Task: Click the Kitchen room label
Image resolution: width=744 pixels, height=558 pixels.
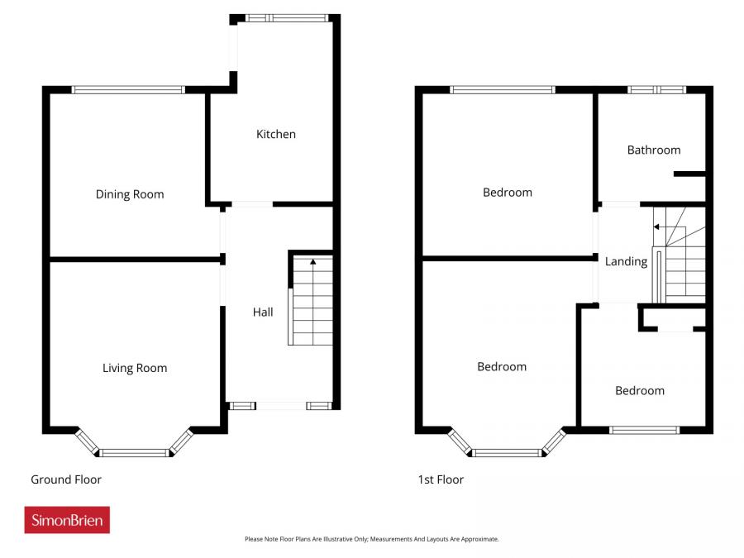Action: pyautogui.click(x=275, y=134)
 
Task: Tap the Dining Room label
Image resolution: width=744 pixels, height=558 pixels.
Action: pyautogui.click(x=130, y=194)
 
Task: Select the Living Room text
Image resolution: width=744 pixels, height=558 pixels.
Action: pyautogui.click(x=135, y=368)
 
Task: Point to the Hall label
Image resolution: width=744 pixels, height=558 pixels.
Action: pyautogui.click(x=263, y=312)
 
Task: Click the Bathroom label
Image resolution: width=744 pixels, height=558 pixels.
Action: pyautogui.click(x=654, y=150)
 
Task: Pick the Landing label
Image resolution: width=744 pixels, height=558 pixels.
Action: pyautogui.click(x=626, y=261)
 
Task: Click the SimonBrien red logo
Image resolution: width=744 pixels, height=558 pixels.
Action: pyautogui.click(x=67, y=520)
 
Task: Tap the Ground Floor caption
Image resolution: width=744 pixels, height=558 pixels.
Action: pyautogui.click(x=66, y=479)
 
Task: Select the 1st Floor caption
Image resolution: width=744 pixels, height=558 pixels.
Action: pyautogui.click(x=441, y=479)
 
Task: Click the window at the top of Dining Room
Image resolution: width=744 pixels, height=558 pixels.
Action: pyautogui.click(x=128, y=89)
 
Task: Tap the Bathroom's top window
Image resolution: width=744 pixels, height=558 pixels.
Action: pyautogui.click(x=656, y=89)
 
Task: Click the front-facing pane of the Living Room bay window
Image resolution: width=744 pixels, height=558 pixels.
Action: pyautogui.click(x=135, y=452)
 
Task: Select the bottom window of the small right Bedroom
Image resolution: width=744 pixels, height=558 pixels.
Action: pyautogui.click(x=644, y=430)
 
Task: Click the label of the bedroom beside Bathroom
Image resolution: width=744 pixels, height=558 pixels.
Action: pyautogui.click(x=508, y=192)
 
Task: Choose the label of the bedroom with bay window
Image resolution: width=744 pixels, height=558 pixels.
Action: pyautogui.click(x=502, y=366)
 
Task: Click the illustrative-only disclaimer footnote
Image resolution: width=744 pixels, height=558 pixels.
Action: pyautogui.click(x=371, y=539)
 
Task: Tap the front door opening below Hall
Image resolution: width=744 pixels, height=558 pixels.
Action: pyautogui.click(x=281, y=406)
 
